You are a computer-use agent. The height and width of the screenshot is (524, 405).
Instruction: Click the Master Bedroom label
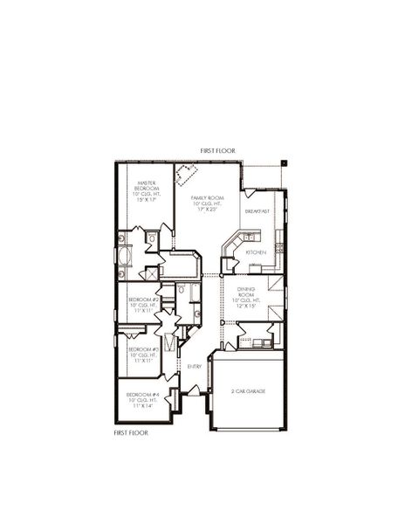point(146,186)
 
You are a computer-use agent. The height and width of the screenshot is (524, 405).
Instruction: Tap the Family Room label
point(208,198)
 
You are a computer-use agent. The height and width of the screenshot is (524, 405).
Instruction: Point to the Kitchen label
point(255,252)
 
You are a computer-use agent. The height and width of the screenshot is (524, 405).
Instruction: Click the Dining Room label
point(244,292)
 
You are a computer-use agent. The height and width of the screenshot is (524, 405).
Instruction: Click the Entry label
point(195,366)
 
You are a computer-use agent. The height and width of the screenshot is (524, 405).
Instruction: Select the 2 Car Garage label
point(249,391)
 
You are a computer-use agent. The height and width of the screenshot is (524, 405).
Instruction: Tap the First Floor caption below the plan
point(131,431)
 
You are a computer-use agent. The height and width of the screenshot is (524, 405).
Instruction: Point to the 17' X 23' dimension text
point(208,210)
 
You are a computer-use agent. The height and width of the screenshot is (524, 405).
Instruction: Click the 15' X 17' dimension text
point(146,200)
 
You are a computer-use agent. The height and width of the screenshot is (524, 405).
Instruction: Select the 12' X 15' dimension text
point(244,306)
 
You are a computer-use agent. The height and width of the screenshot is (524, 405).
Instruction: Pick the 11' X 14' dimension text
point(142,406)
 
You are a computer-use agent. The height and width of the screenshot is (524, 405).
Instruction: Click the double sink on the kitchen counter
point(249,237)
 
